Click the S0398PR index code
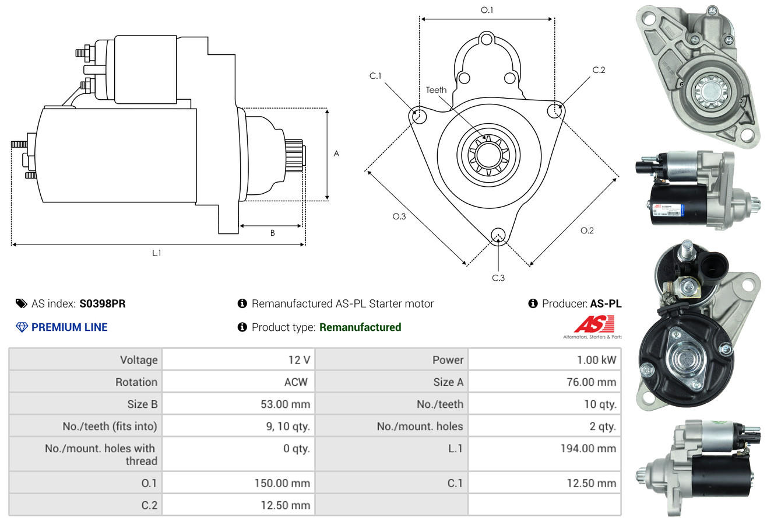(103, 303)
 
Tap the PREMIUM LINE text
(69, 327)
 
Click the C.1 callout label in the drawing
(375, 76)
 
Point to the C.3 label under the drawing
(498, 278)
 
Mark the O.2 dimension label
(587, 230)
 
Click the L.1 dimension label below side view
(156, 253)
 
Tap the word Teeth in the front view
(436, 90)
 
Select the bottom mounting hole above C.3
(498, 235)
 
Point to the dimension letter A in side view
(336, 153)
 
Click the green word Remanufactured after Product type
(360, 327)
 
